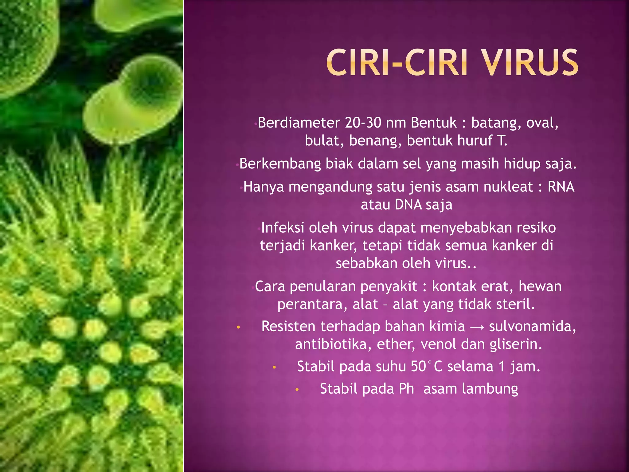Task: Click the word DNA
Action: point(408,205)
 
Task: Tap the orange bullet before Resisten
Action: point(238,328)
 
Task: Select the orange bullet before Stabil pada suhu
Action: point(274,368)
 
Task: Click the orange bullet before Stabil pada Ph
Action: point(297,390)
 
